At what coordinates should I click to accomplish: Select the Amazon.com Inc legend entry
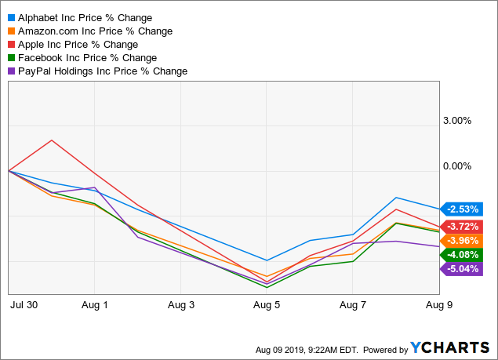pyautogui.click(x=94, y=31)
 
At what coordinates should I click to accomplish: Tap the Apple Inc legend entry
pyautogui.click(x=78, y=44)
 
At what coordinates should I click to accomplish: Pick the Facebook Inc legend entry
pyautogui.click(x=86, y=57)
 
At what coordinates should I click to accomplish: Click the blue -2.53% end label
pyautogui.click(x=463, y=209)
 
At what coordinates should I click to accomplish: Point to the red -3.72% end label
pyautogui.click(x=463, y=226)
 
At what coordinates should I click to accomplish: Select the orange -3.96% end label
pyautogui.click(x=463, y=240)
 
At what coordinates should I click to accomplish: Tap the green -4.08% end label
pyautogui.click(x=463, y=254)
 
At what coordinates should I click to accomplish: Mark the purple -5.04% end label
pyautogui.click(x=463, y=268)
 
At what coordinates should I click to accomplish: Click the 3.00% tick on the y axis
pyautogui.click(x=456, y=121)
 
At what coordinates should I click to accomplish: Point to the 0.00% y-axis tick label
pyautogui.click(x=456, y=166)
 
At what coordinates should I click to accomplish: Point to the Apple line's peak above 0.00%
pyautogui.click(x=52, y=140)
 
